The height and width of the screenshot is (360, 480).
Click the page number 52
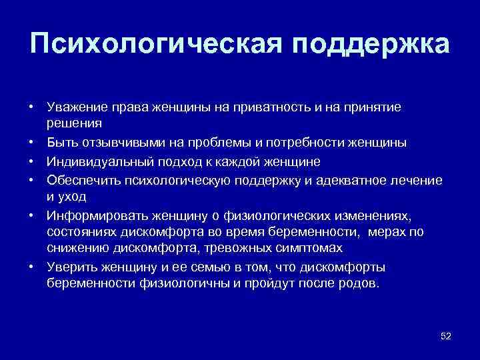click(x=446, y=337)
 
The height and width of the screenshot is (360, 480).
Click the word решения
click(x=73, y=123)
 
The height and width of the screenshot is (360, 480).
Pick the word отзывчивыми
click(x=119, y=143)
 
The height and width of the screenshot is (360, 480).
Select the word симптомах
click(x=309, y=248)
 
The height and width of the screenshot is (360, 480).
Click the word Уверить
click(x=71, y=267)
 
